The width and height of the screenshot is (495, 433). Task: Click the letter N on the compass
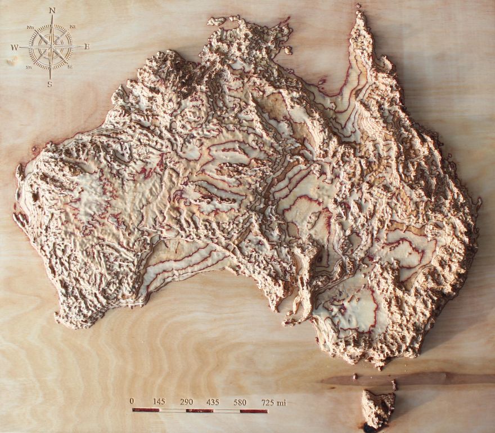[x=52, y=10]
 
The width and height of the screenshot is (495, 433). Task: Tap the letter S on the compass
[x=49, y=84]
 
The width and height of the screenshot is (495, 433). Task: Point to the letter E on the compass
[x=87, y=47]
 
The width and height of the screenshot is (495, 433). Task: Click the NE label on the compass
[x=73, y=27]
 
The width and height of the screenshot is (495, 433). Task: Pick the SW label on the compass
[x=28, y=67]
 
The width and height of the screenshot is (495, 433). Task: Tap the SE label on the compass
[x=70, y=66]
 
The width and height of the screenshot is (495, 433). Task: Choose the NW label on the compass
[x=30, y=28]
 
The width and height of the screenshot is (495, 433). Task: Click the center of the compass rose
[x=51, y=47]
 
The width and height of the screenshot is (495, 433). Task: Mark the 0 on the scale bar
[x=132, y=401]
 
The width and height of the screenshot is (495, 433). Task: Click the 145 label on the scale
[x=159, y=401]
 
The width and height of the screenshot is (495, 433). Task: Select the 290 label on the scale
[x=187, y=401]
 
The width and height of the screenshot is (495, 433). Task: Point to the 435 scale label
[x=213, y=401]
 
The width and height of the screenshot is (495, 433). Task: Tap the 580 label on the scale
[x=240, y=401]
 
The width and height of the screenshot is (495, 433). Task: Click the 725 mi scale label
[x=273, y=401]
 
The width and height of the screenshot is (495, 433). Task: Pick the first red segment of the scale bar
[x=146, y=410]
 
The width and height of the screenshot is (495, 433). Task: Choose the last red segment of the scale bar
[x=254, y=410]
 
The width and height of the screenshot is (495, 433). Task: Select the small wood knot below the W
[x=11, y=60]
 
